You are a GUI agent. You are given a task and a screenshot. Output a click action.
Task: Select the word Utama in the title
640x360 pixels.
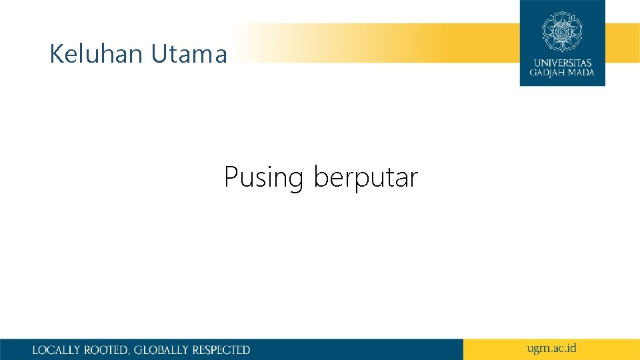click(189, 54)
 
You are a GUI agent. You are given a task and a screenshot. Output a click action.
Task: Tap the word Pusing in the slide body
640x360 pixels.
click(263, 178)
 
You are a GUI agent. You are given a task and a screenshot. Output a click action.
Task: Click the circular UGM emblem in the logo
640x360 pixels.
click(562, 31)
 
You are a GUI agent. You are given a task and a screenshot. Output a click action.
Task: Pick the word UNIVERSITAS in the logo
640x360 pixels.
click(562, 63)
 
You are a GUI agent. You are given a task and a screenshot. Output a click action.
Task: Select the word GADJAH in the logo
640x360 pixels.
click(551, 73)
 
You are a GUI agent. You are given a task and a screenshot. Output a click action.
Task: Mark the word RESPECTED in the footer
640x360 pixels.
click(221, 350)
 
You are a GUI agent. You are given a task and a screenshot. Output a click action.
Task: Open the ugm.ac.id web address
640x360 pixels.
click(551, 349)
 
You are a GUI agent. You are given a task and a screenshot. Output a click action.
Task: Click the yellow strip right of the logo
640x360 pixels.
click(623, 43)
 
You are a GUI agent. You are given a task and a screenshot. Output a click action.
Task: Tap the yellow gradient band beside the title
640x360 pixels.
click(373, 43)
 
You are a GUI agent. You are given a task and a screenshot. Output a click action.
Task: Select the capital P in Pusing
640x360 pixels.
click(231, 177)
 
